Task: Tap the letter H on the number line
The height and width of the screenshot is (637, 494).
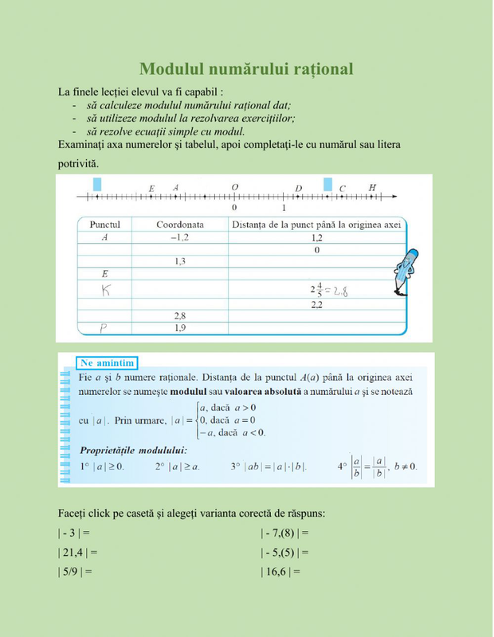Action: [x=372, y=187]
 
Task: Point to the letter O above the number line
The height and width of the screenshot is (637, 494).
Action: [x=234, y=187]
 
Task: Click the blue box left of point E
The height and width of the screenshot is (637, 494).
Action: [x=97, y=185]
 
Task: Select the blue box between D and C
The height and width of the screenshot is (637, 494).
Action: [x=327, y=185]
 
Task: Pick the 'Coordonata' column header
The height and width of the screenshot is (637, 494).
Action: [x=180, y=225]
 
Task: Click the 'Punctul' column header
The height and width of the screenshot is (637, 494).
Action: [x=105, y=225]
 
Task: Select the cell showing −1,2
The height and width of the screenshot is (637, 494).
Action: [x=180, y=237]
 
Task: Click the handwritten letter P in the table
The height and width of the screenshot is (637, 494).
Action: [x=104, y=327]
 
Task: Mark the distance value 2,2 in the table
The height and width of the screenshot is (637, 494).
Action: [x=316, y=304]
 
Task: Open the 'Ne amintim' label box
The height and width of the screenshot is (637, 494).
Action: [x=108, y=363]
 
